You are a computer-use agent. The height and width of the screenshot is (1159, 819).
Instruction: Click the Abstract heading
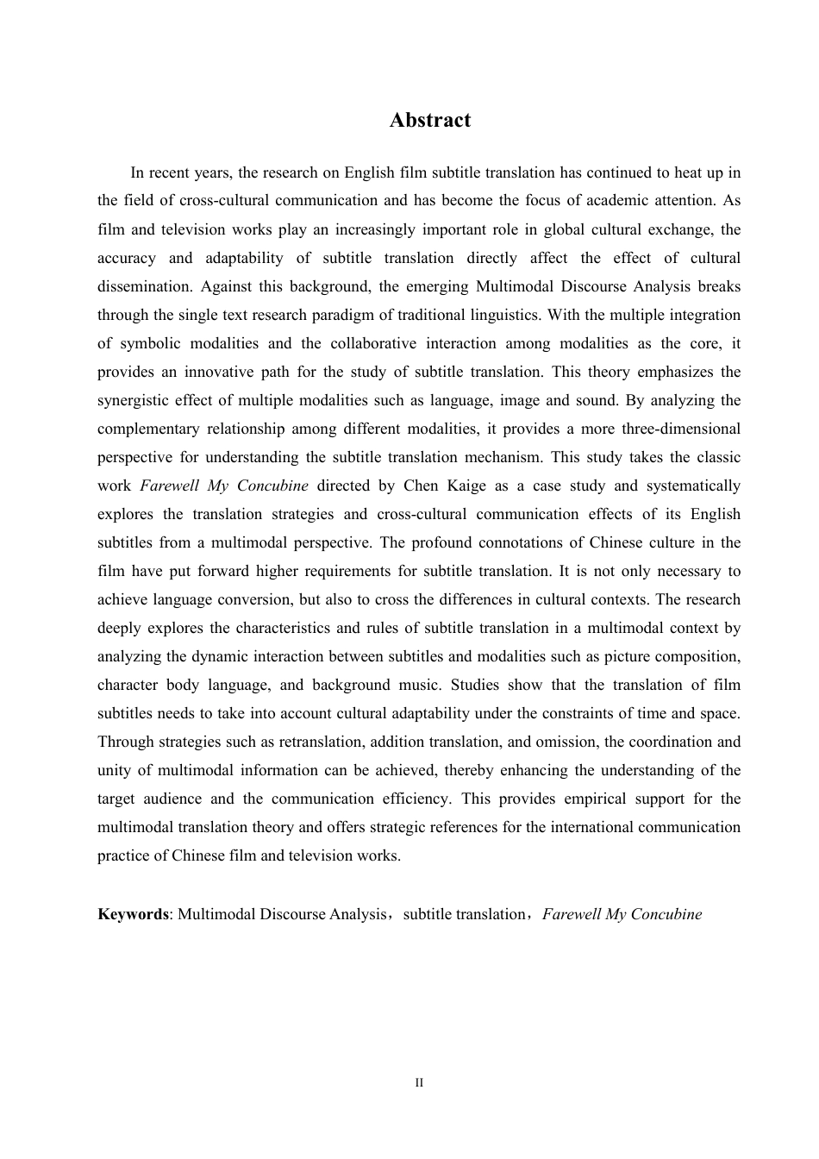tap(429, 120)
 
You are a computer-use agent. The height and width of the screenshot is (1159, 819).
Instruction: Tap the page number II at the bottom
tap(419, 1082)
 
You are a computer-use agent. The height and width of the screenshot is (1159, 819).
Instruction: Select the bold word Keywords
tap(133, 914)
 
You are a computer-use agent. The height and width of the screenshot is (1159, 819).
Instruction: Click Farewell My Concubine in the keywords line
tap(622, 914)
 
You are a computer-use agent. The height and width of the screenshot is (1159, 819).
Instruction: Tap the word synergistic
tap(137, 400)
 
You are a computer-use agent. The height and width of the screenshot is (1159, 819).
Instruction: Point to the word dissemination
tap(141, 286)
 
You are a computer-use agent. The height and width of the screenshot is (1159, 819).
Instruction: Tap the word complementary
tap(147, 429)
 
